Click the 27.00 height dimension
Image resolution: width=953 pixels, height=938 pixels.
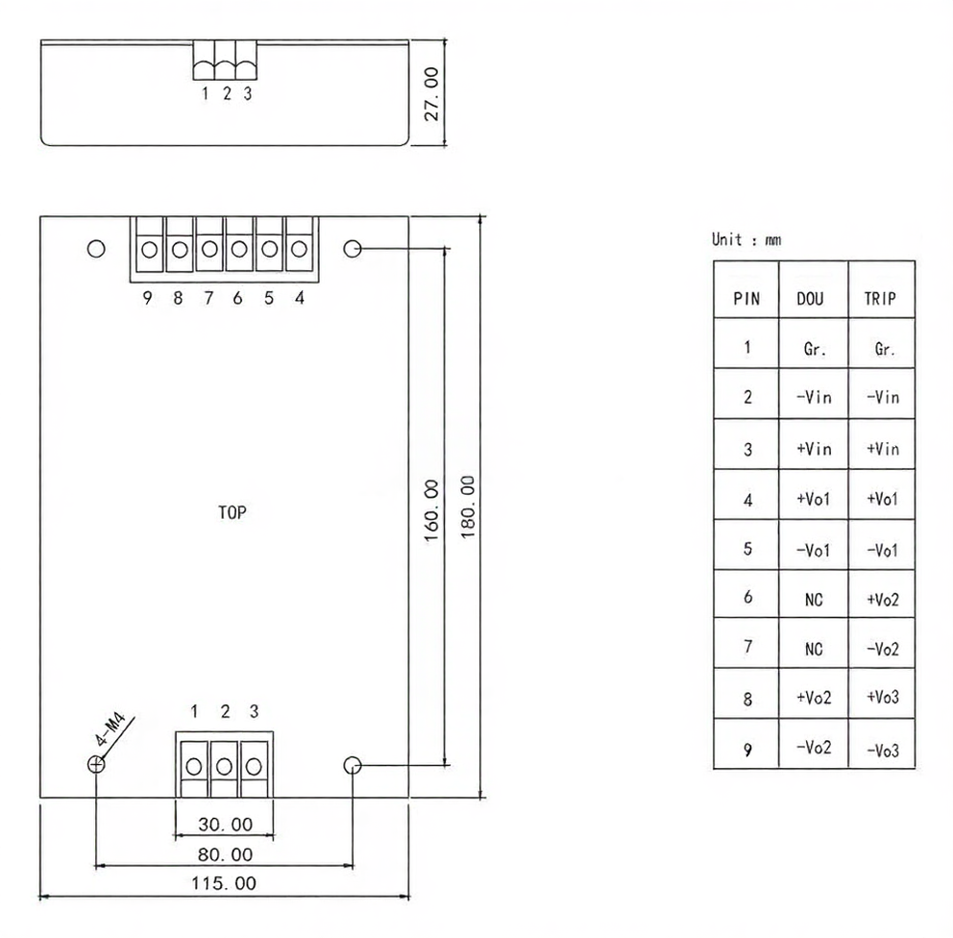tap(431, 94)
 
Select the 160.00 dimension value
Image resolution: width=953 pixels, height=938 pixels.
tap(431, 510)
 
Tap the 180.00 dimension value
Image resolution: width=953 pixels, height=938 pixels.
tap(468, 507)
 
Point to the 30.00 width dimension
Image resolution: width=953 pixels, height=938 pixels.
tap(225, 825)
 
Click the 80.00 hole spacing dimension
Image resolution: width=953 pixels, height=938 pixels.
tap(225, 854)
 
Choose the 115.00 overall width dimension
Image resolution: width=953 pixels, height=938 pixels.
tap(224, 883)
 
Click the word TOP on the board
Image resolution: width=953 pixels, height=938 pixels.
tap(232, 512)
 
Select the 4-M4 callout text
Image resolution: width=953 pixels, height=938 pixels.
tap(110, 729)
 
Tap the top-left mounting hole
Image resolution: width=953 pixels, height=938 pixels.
tap(96, 249)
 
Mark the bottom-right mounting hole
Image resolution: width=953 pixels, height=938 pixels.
tap(353, 765)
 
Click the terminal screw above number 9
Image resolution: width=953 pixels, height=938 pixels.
tap(150, 249)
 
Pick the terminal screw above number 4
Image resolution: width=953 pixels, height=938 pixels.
tap(299, 249)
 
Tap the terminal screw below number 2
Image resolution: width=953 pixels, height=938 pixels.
tap(224, 767)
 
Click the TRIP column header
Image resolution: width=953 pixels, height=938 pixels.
tap(880, 299)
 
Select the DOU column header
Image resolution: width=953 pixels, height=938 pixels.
tap(810, 299)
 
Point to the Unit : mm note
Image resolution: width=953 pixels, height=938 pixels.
tap(746, 239)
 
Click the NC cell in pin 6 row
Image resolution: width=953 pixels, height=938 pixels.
tap(813, 600)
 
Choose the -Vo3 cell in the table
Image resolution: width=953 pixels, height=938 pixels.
tap(883, 751)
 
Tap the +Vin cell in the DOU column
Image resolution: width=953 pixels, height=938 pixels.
tap(814, 449)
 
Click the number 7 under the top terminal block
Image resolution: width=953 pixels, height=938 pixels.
tap(208, 298)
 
